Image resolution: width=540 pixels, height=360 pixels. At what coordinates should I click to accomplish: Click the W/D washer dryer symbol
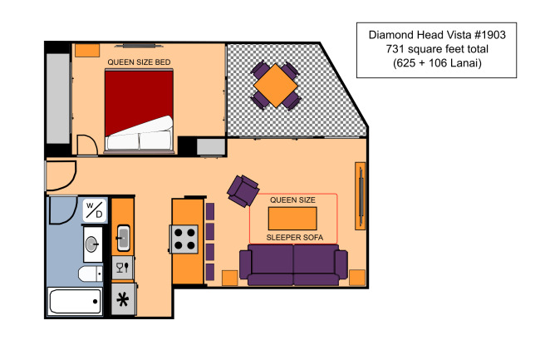(x=95, y=210)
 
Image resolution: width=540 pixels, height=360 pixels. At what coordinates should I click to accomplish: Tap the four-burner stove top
(x=184, y=239)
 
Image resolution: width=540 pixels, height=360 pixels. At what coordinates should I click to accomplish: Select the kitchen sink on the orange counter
(x=123, y=237)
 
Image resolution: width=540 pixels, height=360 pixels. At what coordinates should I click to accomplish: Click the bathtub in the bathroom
(x=75, y=302)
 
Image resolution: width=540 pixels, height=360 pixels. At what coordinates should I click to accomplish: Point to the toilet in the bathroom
(x=91, y=274)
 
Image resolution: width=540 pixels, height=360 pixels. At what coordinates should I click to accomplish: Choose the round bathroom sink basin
(x=92, y=244)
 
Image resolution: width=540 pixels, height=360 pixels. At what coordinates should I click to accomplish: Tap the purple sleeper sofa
(x=293, y=264)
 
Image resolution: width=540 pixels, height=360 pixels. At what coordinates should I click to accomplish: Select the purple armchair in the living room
(x=243, y=191)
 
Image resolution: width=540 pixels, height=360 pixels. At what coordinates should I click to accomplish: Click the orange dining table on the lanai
(x=276, y=86)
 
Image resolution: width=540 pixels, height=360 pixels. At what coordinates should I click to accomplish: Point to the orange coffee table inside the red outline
(x=292, y=219)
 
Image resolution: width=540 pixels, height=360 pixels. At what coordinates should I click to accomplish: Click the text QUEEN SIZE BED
(x=139, y=62)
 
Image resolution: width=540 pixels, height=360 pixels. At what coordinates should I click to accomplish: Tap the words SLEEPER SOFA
(x=294, y=237)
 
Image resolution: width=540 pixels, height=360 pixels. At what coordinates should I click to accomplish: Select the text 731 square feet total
(x=437, y=49)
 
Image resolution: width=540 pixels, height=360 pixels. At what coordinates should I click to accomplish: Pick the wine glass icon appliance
(x=123, y=268)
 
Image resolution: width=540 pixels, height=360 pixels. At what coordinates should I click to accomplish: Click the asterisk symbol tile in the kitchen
(x=123, y=299)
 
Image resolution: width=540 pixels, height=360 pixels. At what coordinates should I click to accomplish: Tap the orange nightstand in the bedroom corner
(x=87, y=50)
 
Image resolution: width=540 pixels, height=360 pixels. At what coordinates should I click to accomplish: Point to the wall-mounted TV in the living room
(x=361, y=196)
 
